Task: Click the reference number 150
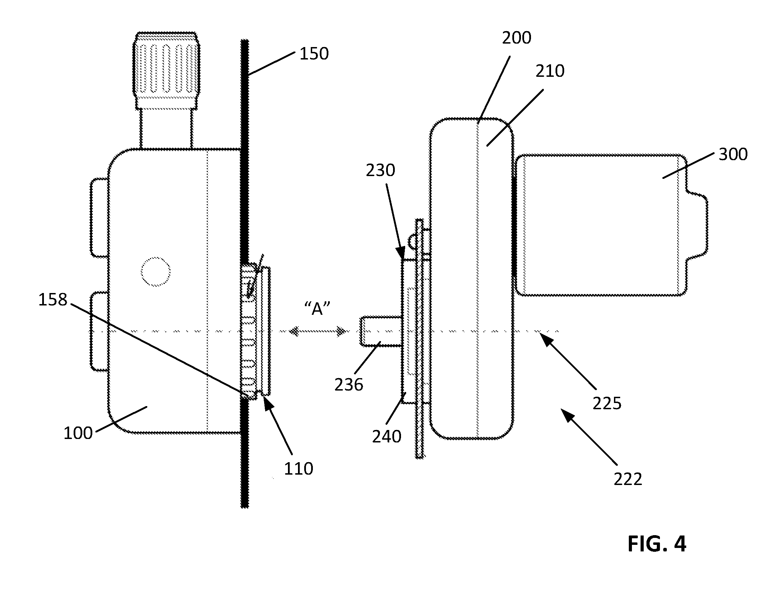(x=314, y=54)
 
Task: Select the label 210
(x=550, y=72)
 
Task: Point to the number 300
(x=733, y=155)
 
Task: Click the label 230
(x=380, y=171)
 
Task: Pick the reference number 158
(x=53, y=300)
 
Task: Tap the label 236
(x=349, y=385)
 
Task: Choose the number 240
(x=386, y=437)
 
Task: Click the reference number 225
(x=607, y=404)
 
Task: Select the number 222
(x=627, y=480)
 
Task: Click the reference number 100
(x=78, y=433)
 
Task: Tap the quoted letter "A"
(x=317, y=309)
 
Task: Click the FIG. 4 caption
(x=657, y=544)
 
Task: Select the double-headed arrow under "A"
(x=317, y=331)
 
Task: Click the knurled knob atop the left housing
(x=166, y=71)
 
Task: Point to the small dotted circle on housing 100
(x=156, y=272)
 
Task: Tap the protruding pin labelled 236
(x=381, y=331)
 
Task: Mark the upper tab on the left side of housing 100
(x=100, y=218)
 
